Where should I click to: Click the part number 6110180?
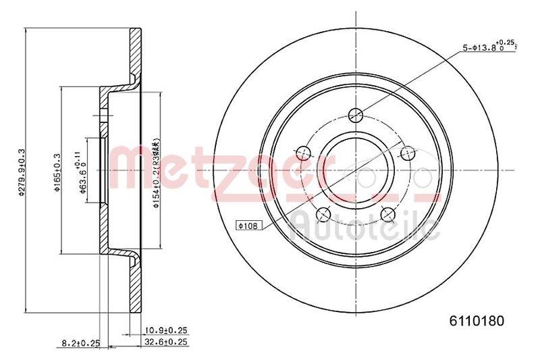click(x=477, y=321)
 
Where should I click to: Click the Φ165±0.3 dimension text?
click(x=58, y=172)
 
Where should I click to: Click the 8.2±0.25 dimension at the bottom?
click(x=80, y=344)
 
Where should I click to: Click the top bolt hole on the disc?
click(x=354, y=114)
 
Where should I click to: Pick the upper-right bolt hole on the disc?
click(x=406, y=152)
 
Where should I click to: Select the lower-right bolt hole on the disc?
click(x=387, y=213)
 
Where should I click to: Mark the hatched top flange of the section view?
click(x=136, y=57)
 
